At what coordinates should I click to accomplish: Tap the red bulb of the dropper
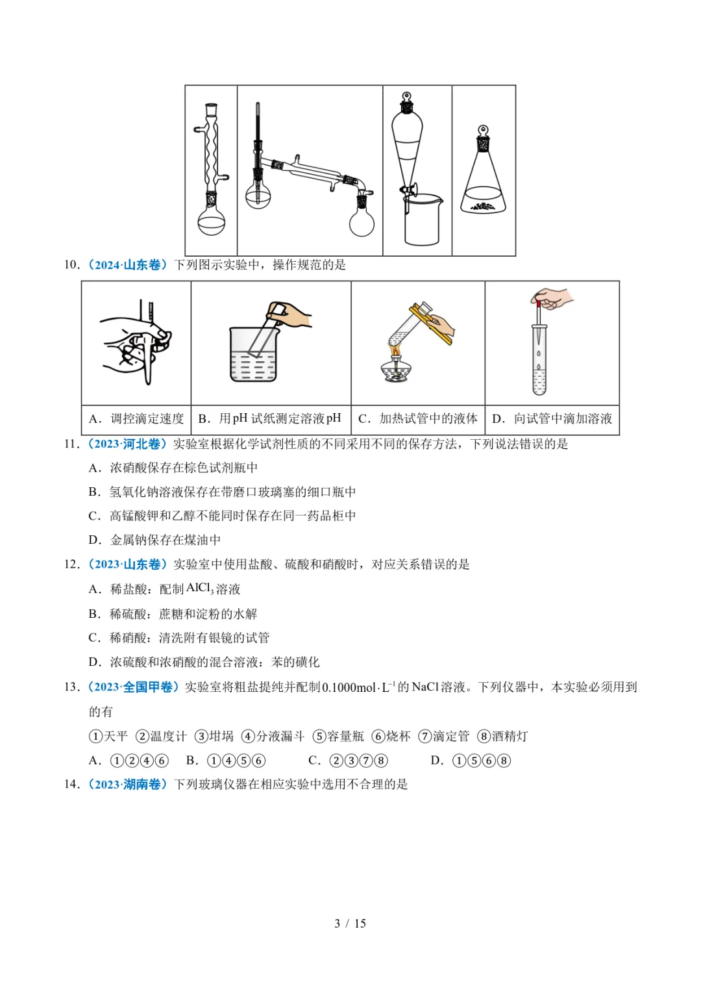(538, 301)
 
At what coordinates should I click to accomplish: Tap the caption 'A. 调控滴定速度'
(136, 419)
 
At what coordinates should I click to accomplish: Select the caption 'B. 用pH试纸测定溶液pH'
(270, 419)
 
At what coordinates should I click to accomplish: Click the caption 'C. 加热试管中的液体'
(418, 419)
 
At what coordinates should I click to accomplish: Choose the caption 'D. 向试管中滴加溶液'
(552, 419)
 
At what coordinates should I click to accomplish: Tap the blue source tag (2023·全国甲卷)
(133, 687)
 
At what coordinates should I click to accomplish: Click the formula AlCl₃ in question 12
(200, 589)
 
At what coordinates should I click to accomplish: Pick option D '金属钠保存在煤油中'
(155, 540)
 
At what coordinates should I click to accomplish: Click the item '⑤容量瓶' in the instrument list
(338, 737)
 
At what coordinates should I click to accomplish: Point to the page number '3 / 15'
(350, 924)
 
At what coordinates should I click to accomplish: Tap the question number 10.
(71, 265)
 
